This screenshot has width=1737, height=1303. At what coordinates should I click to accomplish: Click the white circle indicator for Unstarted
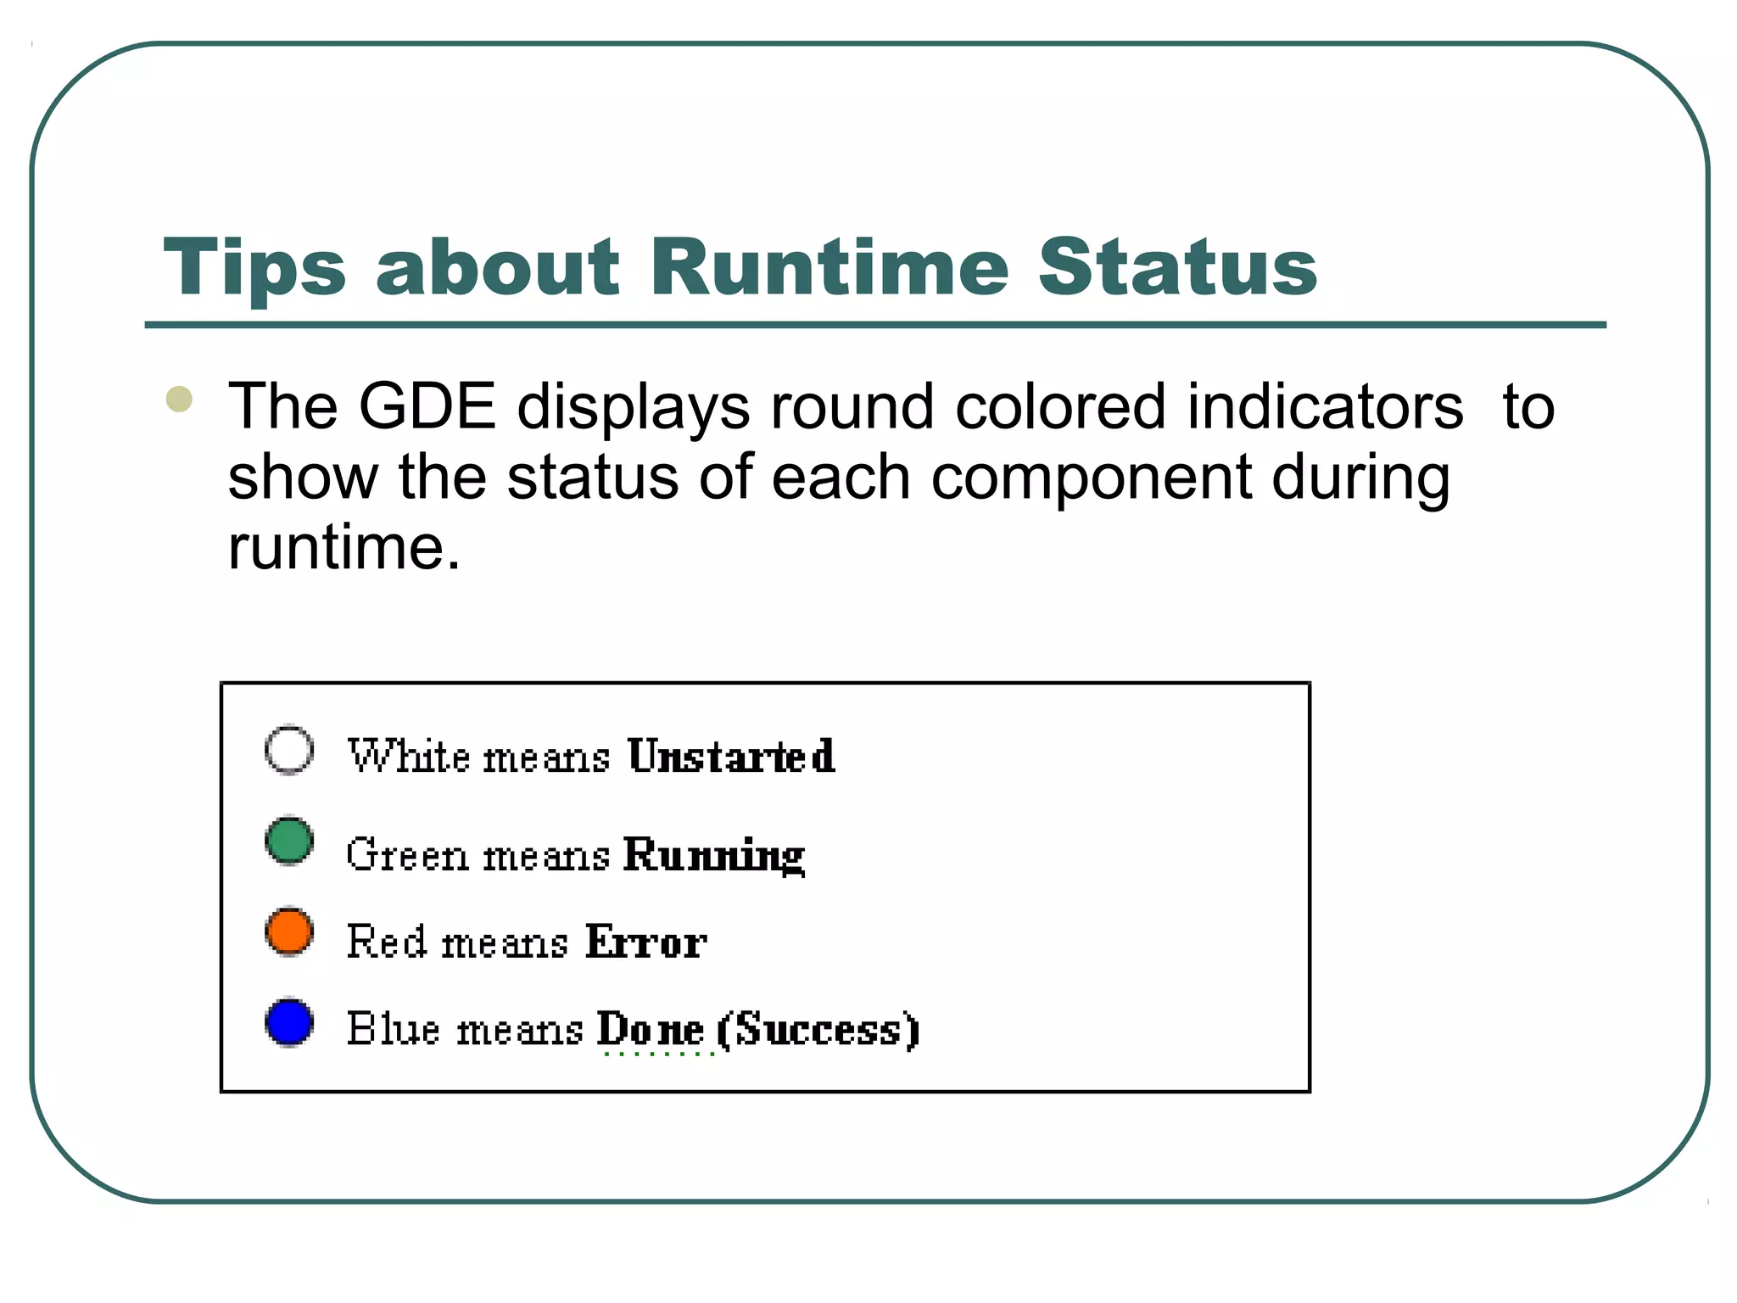coord(289,750)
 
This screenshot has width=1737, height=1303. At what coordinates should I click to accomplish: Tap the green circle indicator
coord(289,841)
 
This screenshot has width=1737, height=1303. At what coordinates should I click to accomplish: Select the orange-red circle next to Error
coord(289,931)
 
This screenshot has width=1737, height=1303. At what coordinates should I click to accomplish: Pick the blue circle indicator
coord(289,1022)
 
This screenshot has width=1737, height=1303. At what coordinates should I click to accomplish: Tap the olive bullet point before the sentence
coord(179,399)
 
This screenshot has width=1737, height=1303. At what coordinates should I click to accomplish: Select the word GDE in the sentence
coord(427,407)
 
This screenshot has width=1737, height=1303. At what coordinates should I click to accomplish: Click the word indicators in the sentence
coord(1325,407)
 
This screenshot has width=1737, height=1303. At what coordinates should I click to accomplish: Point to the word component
coord(1091,477)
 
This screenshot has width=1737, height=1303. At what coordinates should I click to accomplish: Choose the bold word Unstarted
coord(731,756)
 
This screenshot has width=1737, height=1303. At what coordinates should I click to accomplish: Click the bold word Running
coord(713,854)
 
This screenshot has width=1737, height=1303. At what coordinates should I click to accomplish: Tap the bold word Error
coord(645,942)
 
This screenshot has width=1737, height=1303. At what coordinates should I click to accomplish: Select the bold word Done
coord(650,1030)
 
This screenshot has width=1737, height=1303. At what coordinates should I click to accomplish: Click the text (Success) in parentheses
coord(818,1030)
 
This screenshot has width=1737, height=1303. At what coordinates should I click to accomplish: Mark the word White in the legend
coord(409,756)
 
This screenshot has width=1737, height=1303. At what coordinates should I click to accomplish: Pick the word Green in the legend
coord(407,854)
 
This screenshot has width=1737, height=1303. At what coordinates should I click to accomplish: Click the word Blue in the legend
coord(394,1030)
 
